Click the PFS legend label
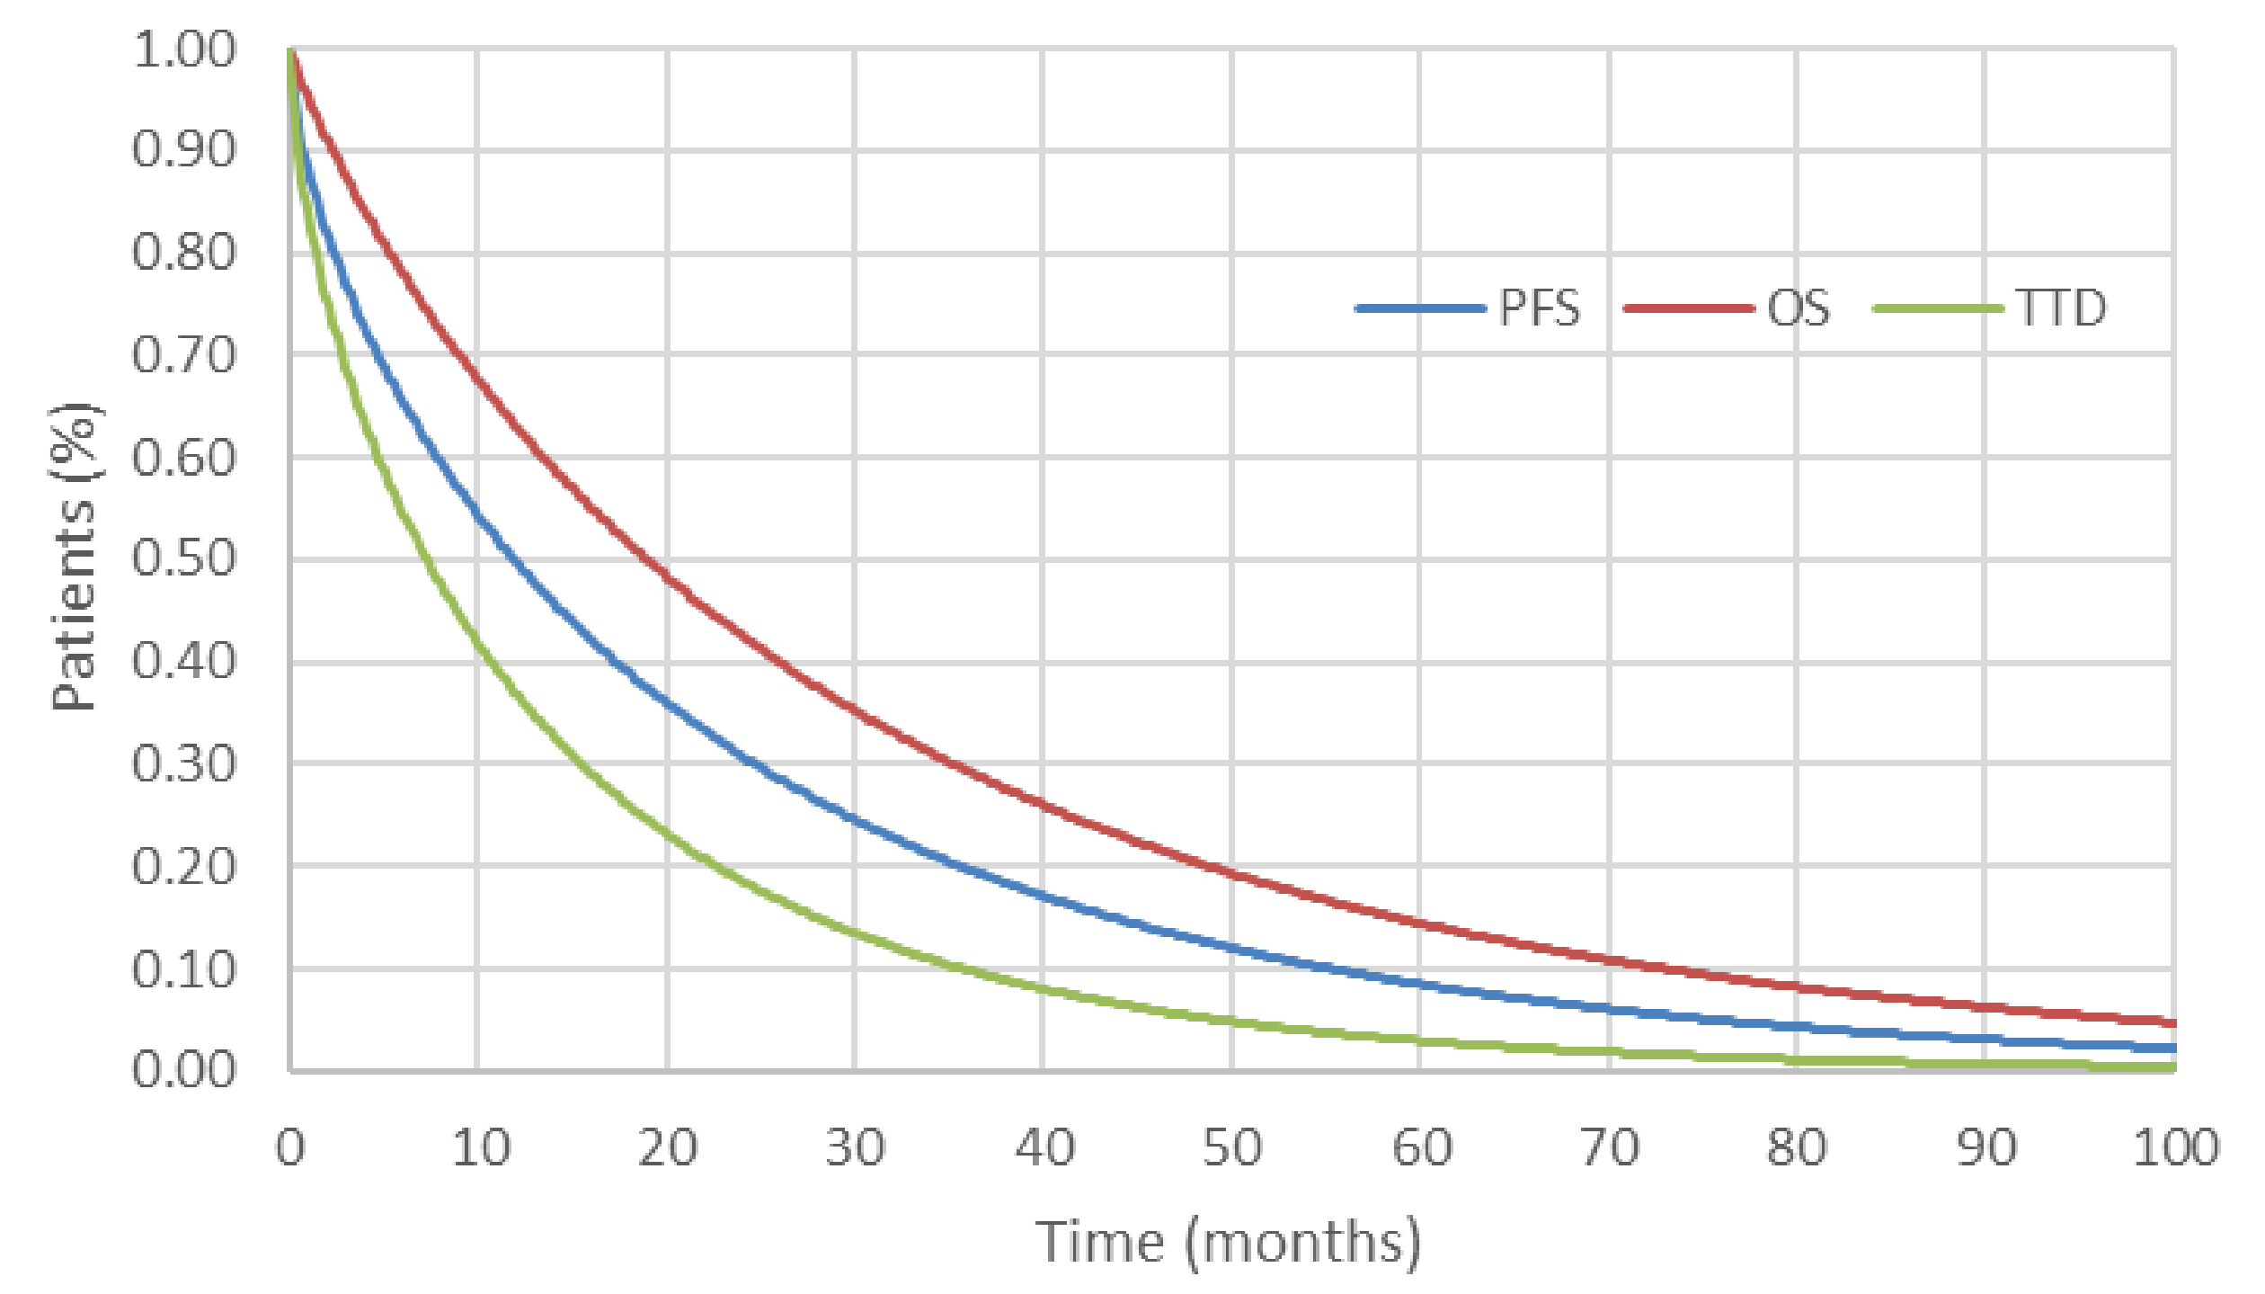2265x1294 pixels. coord(1539,308)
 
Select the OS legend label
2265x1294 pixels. coord(1798,308)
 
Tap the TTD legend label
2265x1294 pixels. coord(2061,308)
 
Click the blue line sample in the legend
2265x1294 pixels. coord(1420,308)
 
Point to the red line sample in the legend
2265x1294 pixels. coord(1689,308)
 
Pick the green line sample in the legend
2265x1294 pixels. coord(1938,308)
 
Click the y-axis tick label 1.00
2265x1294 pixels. coord(184,49)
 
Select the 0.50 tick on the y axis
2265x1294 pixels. coord(184,558)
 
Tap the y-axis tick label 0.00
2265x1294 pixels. coord(184,1070)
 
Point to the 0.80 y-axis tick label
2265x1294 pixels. coord(184,253)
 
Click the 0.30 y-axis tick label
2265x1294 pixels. coord(184,764)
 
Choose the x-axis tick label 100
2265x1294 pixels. coord(2176,1148)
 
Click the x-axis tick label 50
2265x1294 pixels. coord(1232,1148)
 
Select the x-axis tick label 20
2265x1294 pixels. coord(667,1148)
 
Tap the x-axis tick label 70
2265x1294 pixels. coord(1610,1148)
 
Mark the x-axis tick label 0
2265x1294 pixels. coord(290,1148)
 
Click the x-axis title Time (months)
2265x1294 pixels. coord(1229,1243)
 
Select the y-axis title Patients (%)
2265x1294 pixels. coord(74,558)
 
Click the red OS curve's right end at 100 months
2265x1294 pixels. coord(2172,1022)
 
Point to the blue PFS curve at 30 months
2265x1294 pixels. coord(855,820)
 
